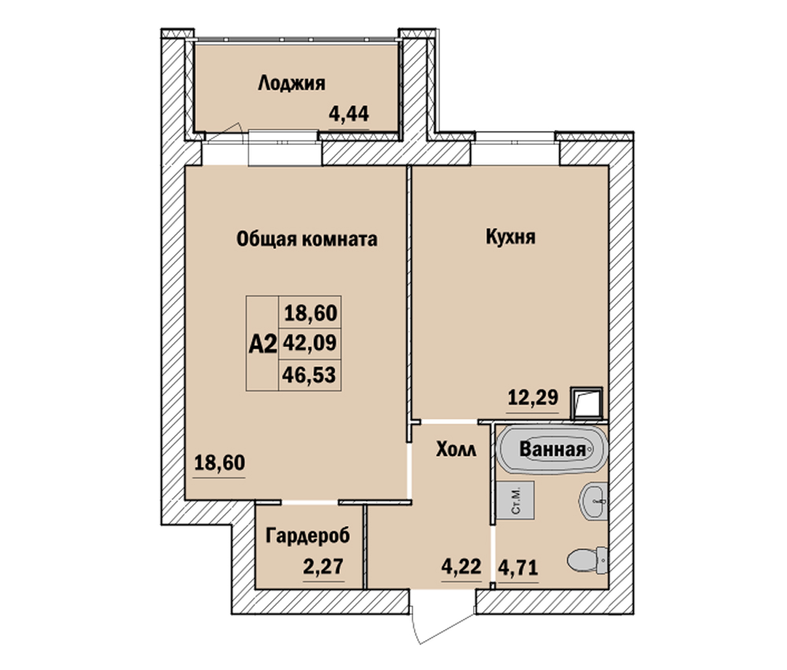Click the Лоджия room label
tap(292, 83)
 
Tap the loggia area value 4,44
tap(349, 114)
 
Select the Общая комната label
tap(307, 239)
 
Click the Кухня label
tap(511, 236)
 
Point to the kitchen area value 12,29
tap(533, 398)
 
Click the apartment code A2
tap(263, 344)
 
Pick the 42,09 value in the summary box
tap(309, 343)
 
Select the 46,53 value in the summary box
tap(309, 374)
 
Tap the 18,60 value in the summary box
tap(311, 313)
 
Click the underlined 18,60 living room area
tap(220, 462)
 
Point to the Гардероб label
tap(308, 536)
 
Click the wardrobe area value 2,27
tap(323, 567)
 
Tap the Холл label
tap(456, 449)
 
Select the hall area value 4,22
tap(461, 567)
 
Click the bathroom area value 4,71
tap(518, 568)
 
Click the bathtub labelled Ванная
tap(552, 449)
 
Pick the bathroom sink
tap(594, 502)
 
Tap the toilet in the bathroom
tap(588, 560)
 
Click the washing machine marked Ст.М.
tap(515, 500)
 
